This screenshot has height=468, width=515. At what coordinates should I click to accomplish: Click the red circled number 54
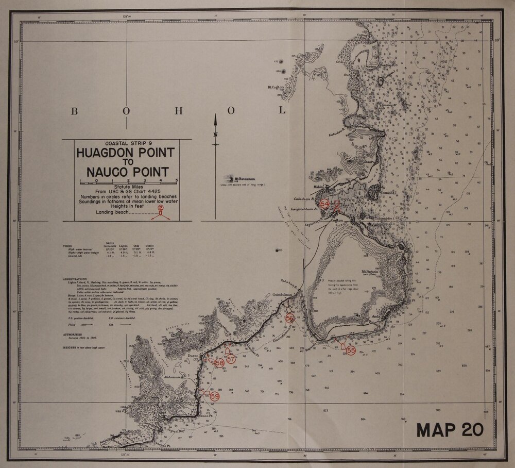click(x=324, y=204)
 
